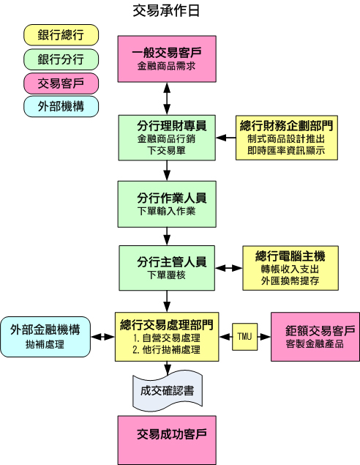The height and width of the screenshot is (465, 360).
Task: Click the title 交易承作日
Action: point(166,11)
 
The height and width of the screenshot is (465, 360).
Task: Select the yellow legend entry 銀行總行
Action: point(61,35)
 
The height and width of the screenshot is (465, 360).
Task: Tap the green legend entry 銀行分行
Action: point(61,59)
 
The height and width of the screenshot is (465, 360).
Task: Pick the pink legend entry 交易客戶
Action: point(61,83)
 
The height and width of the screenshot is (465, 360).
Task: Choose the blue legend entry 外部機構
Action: point(61,106)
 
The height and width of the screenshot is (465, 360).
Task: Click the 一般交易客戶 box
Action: point(167,59)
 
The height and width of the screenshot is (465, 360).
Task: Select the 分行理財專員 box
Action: point(167,138)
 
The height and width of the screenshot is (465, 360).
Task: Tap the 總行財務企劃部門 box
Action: point(287,138)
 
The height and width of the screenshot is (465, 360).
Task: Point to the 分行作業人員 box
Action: point(167,204)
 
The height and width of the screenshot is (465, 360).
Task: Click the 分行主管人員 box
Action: point(167,268)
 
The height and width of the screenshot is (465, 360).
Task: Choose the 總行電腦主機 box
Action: point(290,268)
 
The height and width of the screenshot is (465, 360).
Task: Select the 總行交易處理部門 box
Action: point(167,337)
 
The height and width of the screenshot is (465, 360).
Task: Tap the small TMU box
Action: point(244,337)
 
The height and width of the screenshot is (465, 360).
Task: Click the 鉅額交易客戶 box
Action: point(315,337)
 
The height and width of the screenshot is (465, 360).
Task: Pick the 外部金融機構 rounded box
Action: point(45,337)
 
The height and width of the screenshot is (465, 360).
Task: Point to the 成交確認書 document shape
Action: point(168,391)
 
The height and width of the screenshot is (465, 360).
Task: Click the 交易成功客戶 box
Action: point(167,440)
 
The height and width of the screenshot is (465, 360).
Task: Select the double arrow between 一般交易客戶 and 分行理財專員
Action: point(167,98)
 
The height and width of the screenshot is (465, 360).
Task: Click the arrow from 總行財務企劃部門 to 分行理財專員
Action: point(226,138)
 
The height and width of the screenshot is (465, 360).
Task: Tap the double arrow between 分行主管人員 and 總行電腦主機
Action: point(229,268)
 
